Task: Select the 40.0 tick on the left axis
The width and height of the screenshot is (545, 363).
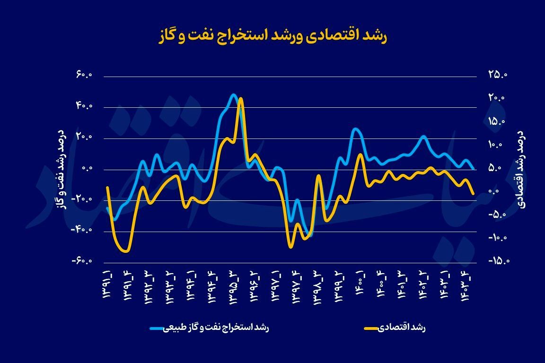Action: [86, 107]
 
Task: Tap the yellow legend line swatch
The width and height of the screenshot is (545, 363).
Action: [371, 327]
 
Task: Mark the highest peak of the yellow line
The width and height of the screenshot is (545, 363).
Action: [241, 99]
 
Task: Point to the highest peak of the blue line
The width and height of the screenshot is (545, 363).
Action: [233, 95]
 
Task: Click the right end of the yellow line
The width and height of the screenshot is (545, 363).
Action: [473, 193]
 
